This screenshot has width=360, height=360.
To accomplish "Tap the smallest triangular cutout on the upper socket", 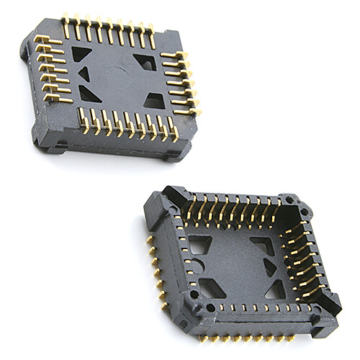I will [x=84, y=73].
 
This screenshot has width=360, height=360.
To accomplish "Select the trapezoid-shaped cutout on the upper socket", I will [x=154, y=100].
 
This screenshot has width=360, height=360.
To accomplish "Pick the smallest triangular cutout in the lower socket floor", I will [x=270, y=267].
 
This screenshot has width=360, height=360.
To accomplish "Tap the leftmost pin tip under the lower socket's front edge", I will [x=201, y=338].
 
